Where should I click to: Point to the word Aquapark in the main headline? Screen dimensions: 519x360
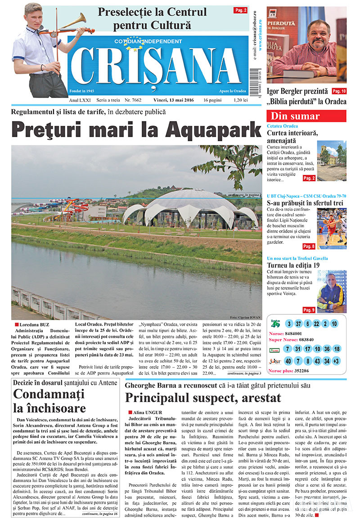pos(213,130)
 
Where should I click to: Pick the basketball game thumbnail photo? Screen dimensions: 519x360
pos(332,228)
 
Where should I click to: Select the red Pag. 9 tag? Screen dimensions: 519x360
pos(309,309)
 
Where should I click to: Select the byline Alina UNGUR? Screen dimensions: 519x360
pos(148,412)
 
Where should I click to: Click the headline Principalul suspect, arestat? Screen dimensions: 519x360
pos(203,398)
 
